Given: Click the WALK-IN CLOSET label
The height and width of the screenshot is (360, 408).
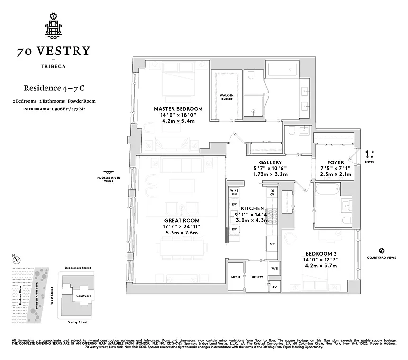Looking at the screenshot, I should pyautogui.click(x=226, y=97).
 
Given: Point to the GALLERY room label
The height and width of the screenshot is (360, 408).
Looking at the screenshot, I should pyautogui.click(x=270, y=162).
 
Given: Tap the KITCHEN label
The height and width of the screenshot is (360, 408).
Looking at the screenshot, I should pyautogui.click(x=252, y=208).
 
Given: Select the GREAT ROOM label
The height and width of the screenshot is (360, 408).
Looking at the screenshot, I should pyautogui.click(x=181, y=220).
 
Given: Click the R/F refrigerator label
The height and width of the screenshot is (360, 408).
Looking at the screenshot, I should pyautogui.click(x=272, y=244).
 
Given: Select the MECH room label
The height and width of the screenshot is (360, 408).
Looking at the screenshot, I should pyautogui.click(x=235, y=277).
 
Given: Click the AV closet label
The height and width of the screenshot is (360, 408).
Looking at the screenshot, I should pyautogui.click(x=274, y=287).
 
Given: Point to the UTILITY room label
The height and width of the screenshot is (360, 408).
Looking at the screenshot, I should pyautogui.click(x=257, y=277).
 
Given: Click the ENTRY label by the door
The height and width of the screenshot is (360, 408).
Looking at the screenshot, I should pyautogui.click(x=370, y=162).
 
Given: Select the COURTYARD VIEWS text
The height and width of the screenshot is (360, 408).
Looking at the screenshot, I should pyautogui.click(x=381, y=258).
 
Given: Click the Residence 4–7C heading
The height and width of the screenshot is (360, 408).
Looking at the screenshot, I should pyautogui.click(x=51, y=88).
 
